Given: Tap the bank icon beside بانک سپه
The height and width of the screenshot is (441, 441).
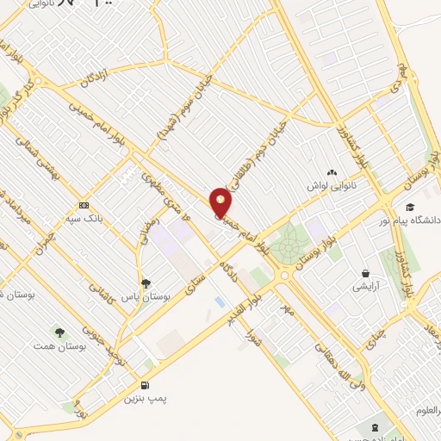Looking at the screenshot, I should pos(84,205).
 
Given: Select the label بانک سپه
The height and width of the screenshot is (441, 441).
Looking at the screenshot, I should pos(110,219).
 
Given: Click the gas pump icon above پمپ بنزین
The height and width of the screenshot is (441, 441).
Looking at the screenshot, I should pos(144,384).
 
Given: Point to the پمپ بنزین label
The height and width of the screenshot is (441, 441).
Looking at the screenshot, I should pos(143,399).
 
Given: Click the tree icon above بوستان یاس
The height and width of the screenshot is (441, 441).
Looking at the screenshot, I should pos(145,282).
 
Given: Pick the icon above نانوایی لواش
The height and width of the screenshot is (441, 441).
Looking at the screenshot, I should pos(332,172).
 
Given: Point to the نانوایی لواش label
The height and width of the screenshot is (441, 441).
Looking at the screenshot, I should pos(332,186).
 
